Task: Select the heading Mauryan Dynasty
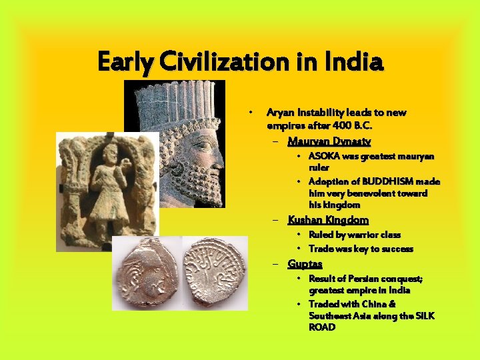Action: [329, 141]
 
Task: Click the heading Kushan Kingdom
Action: [328, 220]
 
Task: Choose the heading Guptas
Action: [305, 264]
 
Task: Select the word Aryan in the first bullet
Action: [279, 113]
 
